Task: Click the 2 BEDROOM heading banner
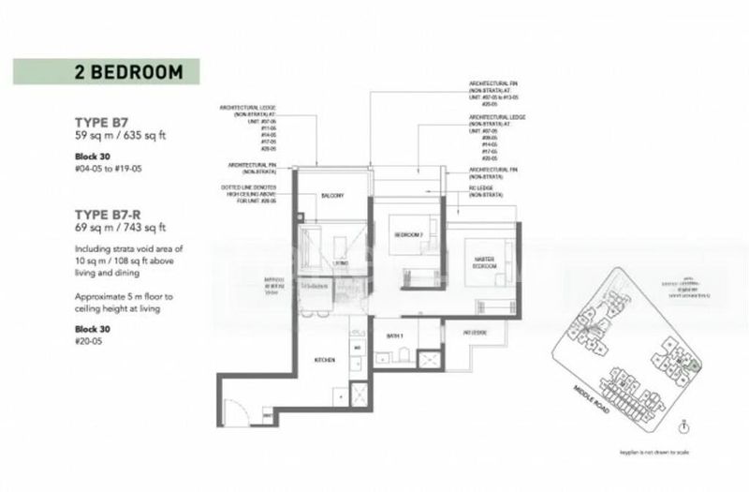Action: pyautogui.click(x=107, y=72)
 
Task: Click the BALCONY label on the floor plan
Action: pyautogui.click(x=331, y=196)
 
